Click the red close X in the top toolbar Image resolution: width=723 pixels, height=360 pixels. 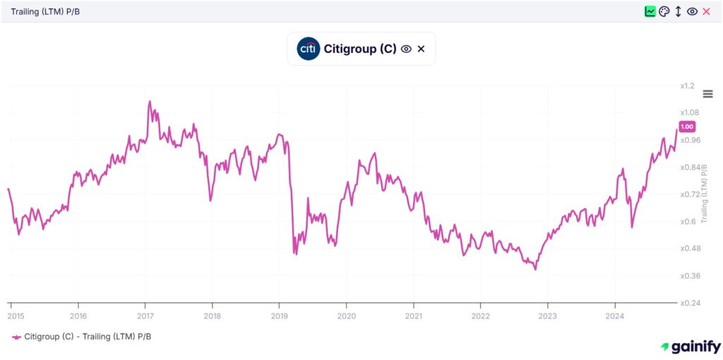706,11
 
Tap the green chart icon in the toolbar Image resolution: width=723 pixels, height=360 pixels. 650,11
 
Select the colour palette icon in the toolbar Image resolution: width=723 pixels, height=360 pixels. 664,11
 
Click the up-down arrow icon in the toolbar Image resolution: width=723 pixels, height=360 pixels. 678,11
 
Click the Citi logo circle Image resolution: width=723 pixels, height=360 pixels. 309,49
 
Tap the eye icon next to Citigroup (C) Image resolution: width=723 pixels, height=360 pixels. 406,49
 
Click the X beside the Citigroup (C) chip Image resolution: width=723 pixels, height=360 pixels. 422,49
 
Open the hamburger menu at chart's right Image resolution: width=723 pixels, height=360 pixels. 707,94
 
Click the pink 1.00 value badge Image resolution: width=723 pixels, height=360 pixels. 687,126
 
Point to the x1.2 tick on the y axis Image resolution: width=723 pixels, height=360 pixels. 687,85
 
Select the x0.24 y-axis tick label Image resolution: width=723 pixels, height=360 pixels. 689,303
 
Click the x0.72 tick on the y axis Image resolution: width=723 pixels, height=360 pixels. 689,194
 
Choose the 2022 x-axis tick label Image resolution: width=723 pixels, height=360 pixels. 480,316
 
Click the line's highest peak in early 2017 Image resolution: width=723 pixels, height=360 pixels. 149,102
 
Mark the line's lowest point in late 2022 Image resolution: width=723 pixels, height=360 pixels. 536,269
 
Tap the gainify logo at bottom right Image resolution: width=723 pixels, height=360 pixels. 691,347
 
